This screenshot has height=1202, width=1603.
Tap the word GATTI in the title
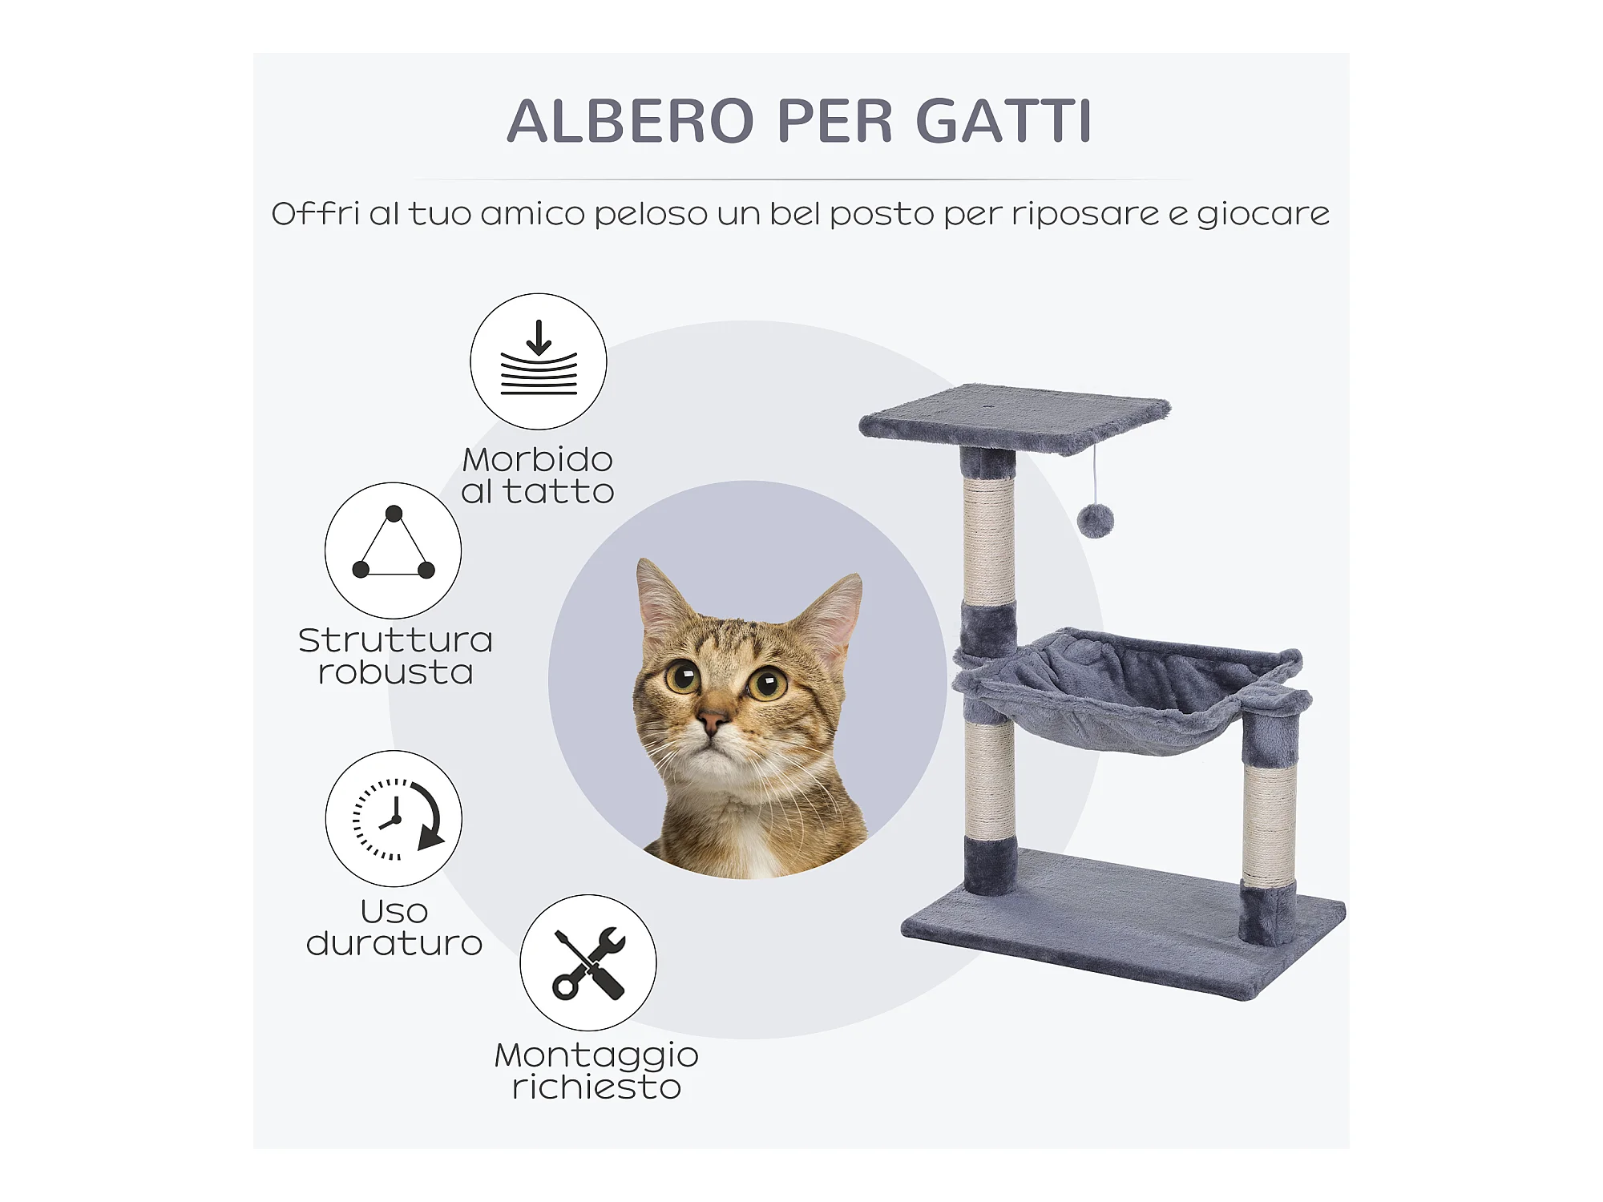1003,121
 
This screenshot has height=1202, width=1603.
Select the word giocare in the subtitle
1263,215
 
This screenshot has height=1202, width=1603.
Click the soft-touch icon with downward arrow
539,361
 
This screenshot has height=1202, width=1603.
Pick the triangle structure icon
393,551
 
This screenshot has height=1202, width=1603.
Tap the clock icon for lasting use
394,818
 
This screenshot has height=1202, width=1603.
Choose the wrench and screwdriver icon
588,962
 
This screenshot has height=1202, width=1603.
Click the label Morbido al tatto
538,475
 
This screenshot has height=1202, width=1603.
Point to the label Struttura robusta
395,656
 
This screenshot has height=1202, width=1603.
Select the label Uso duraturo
394,927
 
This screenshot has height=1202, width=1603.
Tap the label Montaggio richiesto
596,1071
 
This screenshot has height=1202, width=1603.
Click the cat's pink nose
712,720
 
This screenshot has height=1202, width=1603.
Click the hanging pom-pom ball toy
1096,521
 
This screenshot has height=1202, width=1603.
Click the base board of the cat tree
1123,922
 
